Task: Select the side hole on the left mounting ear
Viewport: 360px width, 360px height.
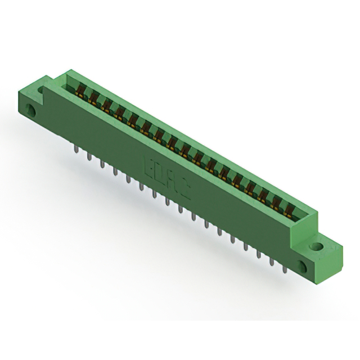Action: click(32, 110)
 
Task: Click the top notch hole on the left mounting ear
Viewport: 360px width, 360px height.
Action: click(41, 89)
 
